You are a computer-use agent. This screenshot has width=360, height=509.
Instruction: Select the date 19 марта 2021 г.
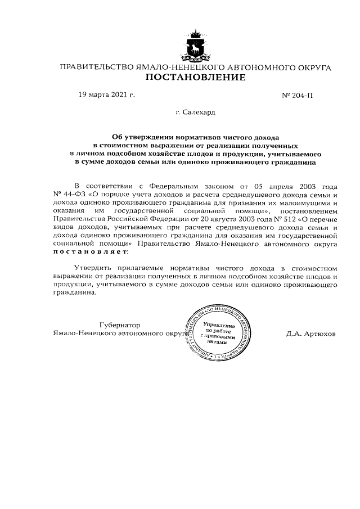pyautogui.click(x=107, y=95)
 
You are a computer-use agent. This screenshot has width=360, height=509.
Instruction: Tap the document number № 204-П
pyautogui.click(x=297, y=96)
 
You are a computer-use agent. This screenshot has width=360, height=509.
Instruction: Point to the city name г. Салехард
pyautogui.click(x=195, y=112)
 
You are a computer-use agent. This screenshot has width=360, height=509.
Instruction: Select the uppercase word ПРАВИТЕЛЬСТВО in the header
pyautogui.click(x=96, y=67)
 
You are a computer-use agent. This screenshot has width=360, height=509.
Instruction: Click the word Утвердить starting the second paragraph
pyautogui.click(x=93, y=268)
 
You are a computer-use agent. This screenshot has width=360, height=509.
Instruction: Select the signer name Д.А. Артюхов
pyautogui.click(x=310, y=333)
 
